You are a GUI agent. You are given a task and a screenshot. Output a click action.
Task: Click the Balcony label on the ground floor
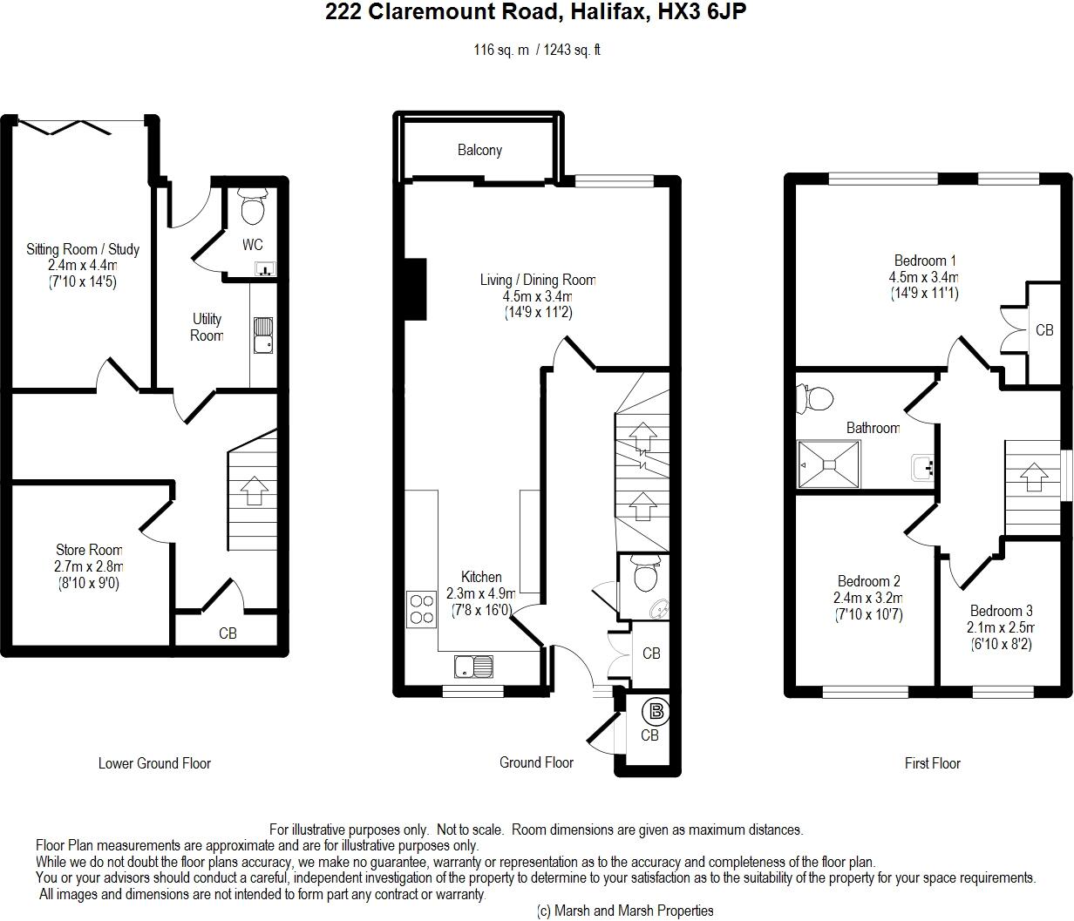[479, 150]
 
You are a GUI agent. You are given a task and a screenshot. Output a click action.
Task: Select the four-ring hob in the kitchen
[421, 608]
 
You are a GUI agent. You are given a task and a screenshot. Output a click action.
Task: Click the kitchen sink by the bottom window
[472, 667]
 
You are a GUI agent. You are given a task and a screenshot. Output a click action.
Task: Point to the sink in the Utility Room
[263, 335]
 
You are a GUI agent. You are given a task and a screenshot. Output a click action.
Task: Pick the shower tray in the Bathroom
[829, 463]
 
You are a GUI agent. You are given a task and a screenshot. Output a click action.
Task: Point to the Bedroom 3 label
[1001, 611]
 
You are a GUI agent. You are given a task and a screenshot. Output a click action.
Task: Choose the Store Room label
[89, 550]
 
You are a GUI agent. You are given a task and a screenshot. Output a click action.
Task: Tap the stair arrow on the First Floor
[1034, 477]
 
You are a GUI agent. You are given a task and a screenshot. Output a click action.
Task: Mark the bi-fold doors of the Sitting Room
[65, 126]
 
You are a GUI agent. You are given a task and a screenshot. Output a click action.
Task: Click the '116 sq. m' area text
[501, 50]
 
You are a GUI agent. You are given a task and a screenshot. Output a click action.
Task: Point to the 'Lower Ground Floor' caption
[154, 763]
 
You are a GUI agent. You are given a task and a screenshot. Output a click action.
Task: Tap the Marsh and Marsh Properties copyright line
[624, 911]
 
